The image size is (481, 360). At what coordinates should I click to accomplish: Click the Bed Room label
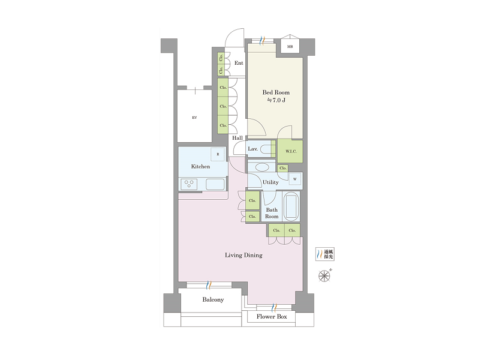(276, 92)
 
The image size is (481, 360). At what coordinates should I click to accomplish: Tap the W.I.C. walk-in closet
(290, 151)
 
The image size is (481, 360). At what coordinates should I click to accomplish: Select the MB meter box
(290, 47)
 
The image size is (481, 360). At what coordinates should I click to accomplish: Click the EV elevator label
(194, 118)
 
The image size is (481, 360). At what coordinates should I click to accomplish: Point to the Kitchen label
(201, 167)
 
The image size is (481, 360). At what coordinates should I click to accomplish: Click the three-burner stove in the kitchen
(189, 184)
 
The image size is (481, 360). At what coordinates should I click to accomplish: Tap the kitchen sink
(215, 184)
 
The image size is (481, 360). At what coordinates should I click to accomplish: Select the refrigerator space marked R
(218, 154)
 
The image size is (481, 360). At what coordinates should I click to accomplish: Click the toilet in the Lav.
(266, 149)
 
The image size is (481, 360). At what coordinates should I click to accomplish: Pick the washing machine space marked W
(295, 179)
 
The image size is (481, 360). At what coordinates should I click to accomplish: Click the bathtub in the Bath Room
(291, 206)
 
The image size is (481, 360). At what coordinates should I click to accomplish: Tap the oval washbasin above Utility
(262, 167)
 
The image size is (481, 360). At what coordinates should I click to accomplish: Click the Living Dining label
(243, 255)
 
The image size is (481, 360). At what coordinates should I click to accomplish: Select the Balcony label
(213, 299)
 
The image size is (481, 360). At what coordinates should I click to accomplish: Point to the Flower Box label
(272, 316)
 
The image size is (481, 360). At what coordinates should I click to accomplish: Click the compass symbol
(324, 275)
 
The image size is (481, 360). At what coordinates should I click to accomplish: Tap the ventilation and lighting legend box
(325, 254)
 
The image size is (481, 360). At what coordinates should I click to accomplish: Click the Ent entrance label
(239, 63)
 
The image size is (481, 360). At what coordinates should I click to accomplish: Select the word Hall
(238, 138)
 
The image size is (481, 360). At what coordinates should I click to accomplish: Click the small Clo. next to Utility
(283, 168)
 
